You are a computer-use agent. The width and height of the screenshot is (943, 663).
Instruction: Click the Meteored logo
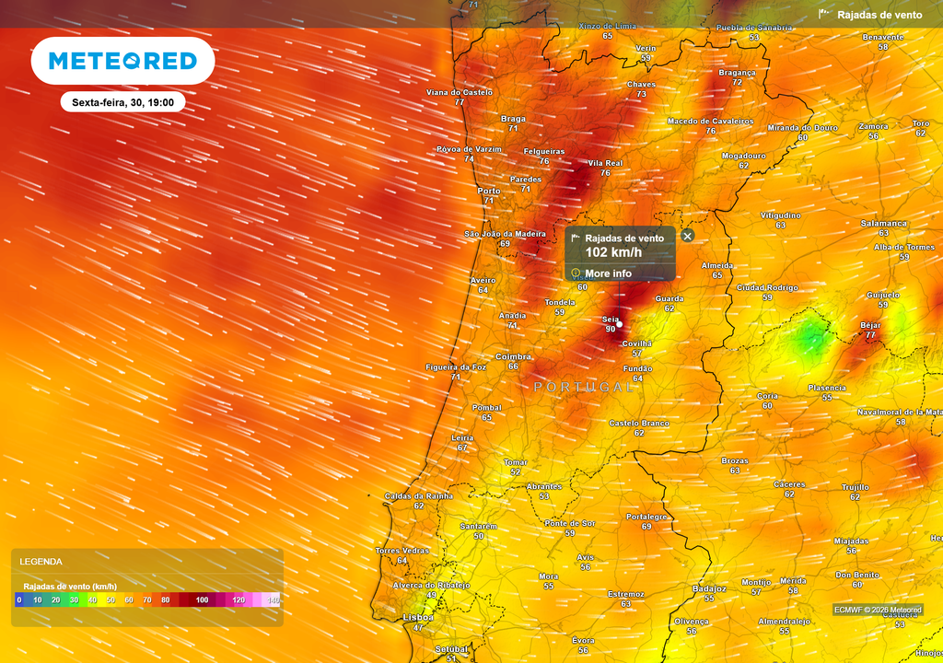point(122,61)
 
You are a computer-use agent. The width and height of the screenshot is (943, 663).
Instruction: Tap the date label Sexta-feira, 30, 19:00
point(123,102)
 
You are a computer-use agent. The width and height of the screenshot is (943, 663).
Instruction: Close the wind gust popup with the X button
point(687,236)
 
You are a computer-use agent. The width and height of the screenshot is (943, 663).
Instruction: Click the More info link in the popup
point(608,273)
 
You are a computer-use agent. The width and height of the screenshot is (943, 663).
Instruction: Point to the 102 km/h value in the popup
point(613,252)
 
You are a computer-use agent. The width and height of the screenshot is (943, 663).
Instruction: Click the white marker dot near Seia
point(620,323)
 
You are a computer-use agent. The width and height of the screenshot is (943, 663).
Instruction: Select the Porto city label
point(489,191)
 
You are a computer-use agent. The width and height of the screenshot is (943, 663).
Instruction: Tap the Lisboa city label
point(418,618)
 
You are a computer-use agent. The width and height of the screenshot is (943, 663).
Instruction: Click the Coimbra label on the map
point(513,356)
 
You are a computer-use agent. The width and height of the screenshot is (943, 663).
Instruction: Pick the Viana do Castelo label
point(459,92)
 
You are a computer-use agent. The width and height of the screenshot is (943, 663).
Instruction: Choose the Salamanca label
point(883,223)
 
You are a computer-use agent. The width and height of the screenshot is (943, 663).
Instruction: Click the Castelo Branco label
point(638,423)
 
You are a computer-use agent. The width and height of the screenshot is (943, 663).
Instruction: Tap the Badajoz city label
point(708,587)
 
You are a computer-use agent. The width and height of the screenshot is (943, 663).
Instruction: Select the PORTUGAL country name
point(584,387)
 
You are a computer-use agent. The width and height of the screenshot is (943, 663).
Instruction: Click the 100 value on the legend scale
point(202,599)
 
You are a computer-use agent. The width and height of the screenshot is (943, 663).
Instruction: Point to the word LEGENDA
point(41,561)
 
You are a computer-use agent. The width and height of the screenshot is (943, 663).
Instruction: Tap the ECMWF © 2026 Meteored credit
point(878,610)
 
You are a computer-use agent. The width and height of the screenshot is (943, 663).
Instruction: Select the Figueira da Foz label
point(455,366)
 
